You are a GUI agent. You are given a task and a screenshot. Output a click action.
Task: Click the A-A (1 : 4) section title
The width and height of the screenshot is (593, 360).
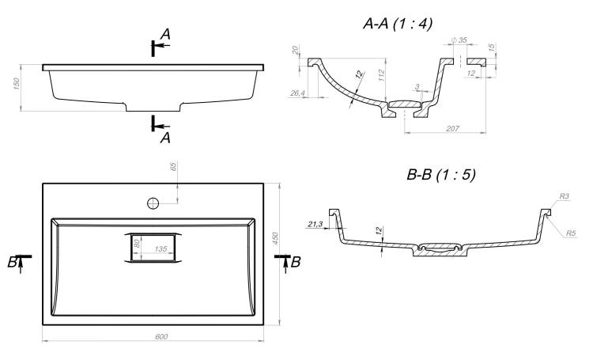pos(398,24)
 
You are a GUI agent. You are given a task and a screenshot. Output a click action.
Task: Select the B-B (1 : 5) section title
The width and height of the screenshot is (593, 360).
pos(440,175)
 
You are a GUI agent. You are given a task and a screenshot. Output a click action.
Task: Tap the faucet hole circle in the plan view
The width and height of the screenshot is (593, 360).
pos(153,203)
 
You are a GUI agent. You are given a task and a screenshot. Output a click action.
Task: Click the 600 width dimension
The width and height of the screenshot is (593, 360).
pos(161,336)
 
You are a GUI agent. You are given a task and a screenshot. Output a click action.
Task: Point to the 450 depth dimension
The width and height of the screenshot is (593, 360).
pos(275,238)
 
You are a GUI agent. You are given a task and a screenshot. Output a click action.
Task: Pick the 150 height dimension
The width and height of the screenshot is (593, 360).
pos(17,84)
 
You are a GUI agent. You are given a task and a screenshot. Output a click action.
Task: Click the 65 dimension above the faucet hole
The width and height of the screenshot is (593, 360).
pos(174,167)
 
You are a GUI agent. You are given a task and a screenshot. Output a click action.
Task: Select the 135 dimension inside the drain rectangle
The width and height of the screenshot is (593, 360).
pos(161,248)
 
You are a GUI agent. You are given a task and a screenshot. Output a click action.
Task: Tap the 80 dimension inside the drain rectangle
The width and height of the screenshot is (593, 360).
pos(137,243)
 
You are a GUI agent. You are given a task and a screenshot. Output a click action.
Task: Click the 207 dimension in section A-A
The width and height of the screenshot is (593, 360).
pos(452,129)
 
